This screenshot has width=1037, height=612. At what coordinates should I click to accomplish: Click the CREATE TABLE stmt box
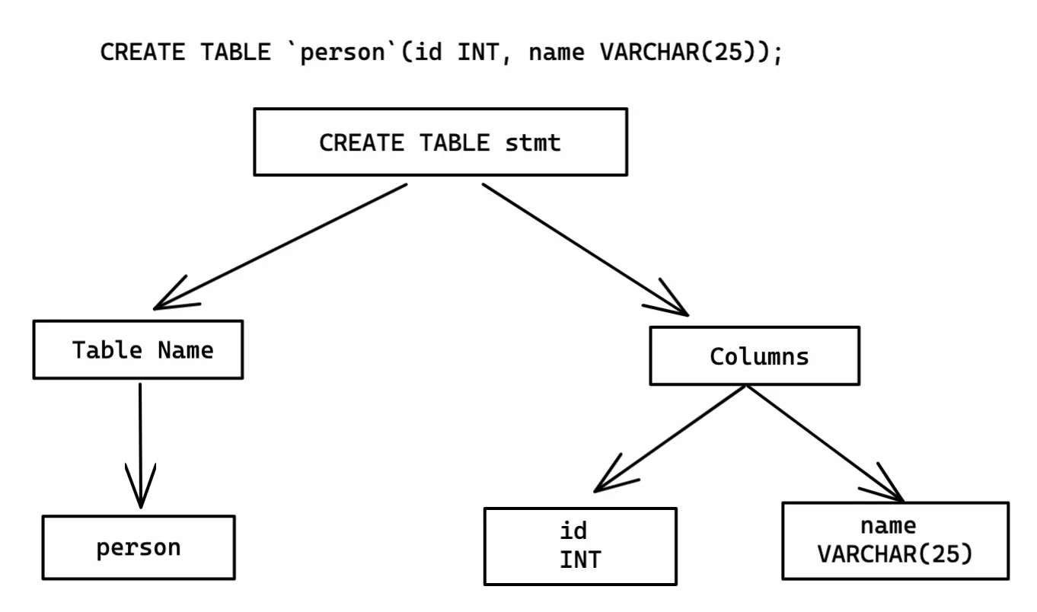click(440, 142)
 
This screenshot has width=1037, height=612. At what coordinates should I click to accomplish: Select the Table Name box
click(138, 350)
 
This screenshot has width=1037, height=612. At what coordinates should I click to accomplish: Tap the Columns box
click(754, 356)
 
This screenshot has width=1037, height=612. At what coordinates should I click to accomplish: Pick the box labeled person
click(139, 547)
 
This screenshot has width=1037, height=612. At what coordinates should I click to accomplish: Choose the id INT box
click(580, 546)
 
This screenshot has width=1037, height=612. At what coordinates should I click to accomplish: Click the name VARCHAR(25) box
click(895, 540)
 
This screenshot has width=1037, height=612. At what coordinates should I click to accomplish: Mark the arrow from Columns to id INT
click(670, 438)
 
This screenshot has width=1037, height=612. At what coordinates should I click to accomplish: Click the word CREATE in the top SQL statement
click(142, 53)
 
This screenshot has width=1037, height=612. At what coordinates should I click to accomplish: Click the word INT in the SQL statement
click(478, 53)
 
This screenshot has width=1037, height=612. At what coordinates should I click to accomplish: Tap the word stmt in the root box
click(533, 142)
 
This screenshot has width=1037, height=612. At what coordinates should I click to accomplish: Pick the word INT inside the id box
click(580, 559)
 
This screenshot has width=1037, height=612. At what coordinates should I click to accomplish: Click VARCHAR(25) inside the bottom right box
click(895, 554)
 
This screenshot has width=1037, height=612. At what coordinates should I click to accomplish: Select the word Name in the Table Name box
click(186, 350)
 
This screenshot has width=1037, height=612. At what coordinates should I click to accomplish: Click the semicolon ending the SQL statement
click(777, 55)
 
